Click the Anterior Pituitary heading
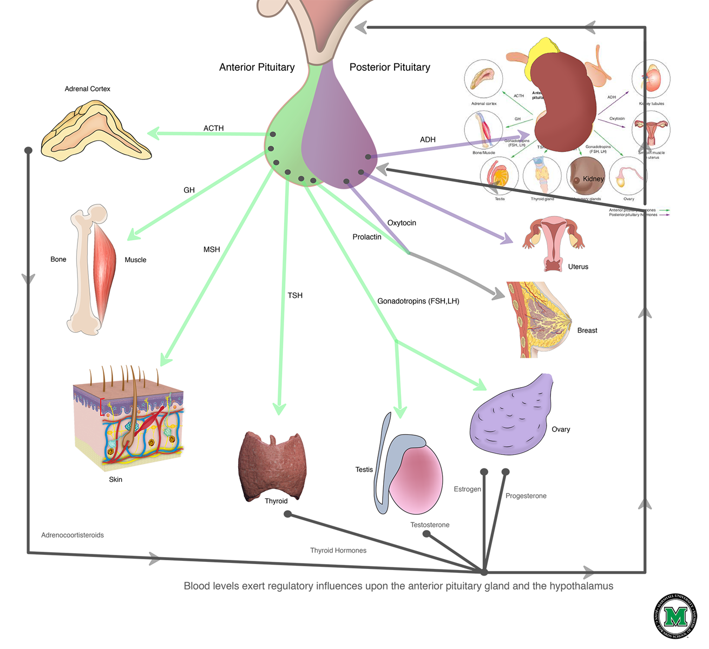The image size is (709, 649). pos(257,68)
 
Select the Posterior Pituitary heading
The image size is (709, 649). pos(390,68)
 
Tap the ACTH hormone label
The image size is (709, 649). pos(213,129)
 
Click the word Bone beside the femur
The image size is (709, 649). pos(58,260)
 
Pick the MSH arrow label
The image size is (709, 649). pos(212,250)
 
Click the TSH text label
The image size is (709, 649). pos(295,296)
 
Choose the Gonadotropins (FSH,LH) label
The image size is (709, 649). pos(418,301)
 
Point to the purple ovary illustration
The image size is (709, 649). pos(511,416)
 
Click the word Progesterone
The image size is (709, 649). pos(526,496)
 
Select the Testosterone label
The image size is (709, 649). pos(430,525)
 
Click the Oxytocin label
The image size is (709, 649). pos(402,223)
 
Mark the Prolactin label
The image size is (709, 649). pos(367,237)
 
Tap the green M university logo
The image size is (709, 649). pos(675,616)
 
